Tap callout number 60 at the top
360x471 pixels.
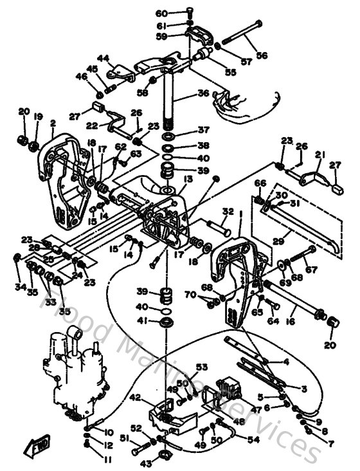[x=161, y=13]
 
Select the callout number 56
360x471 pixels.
[x=262, y=56]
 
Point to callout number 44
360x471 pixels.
[x=104, y=57]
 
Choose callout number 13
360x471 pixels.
[x=187, y=180]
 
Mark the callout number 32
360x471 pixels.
[x=227, y=210]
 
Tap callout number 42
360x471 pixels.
[x=136, y=398]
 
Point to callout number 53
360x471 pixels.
[x=202, y=367]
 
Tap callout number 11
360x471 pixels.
[x=107, y=459]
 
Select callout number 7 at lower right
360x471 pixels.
[x=332, y=444]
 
